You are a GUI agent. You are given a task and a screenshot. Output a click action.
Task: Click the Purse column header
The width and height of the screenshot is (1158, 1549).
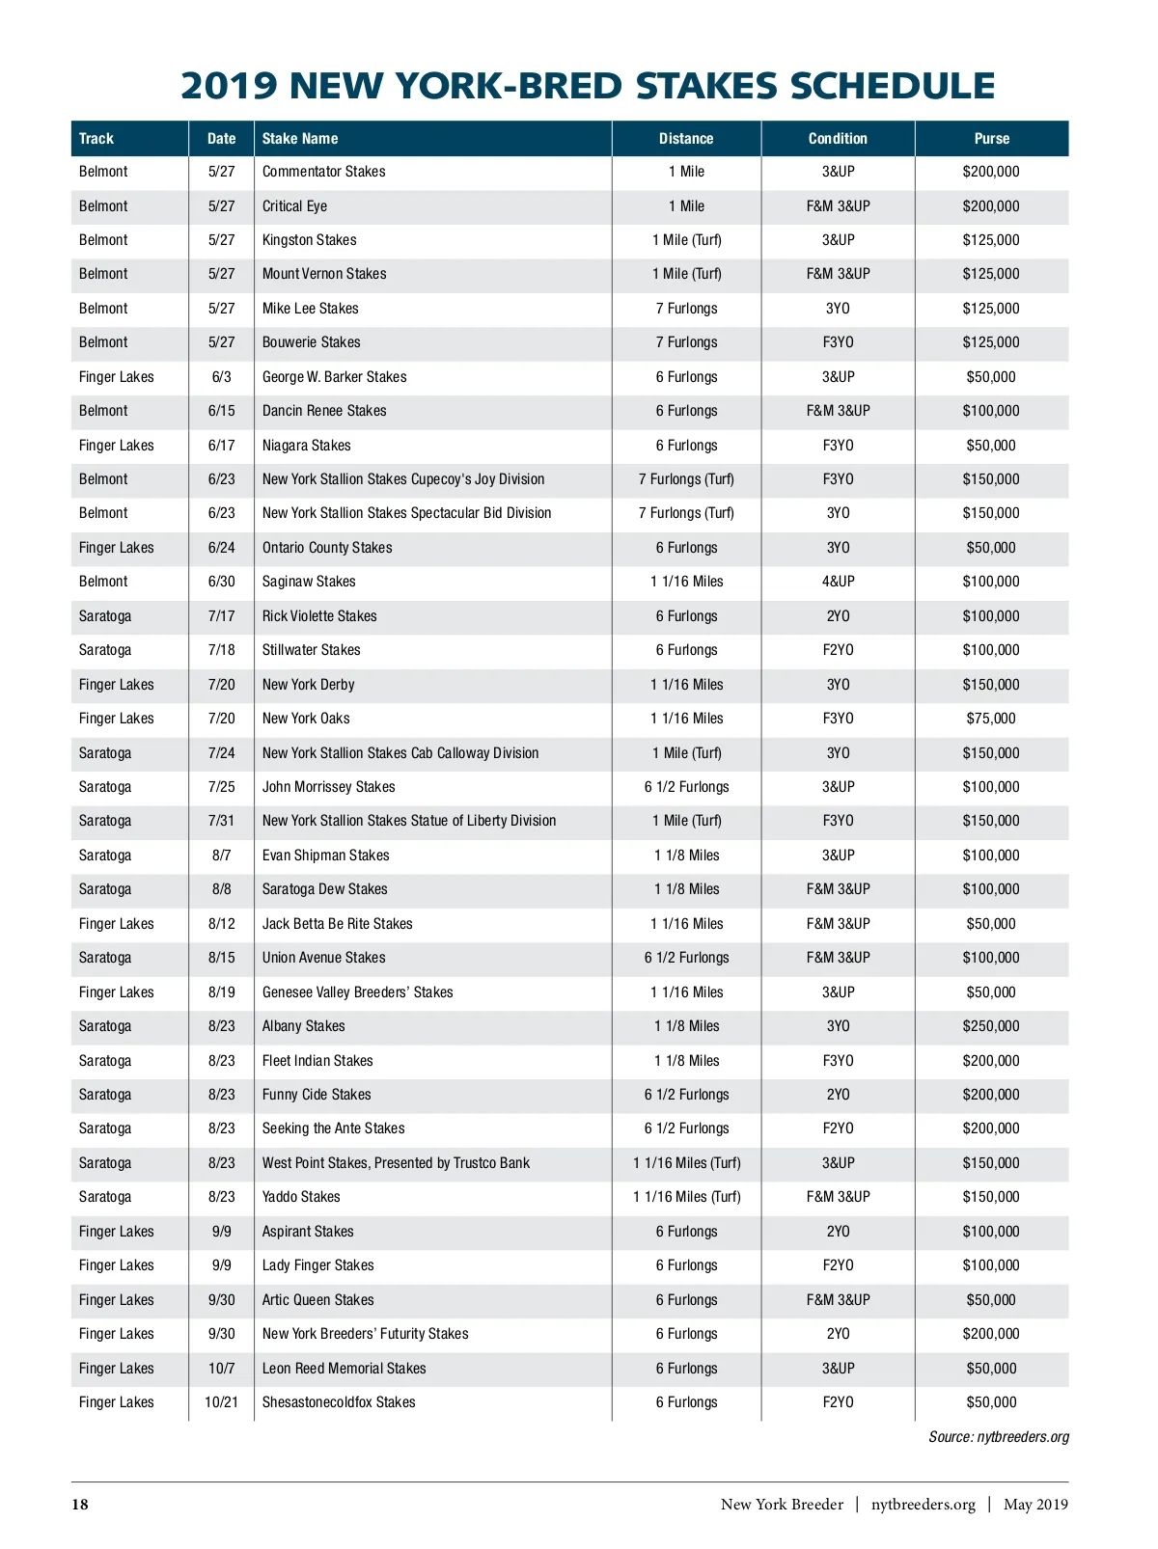991,139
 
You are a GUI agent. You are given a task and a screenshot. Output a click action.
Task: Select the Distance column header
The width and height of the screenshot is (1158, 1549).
686,139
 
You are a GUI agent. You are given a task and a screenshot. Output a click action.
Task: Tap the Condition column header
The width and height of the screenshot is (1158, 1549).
838,139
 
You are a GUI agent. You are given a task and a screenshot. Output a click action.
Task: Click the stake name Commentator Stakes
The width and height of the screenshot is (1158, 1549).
323,172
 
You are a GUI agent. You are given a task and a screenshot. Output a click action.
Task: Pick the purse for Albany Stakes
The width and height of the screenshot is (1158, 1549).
991,1026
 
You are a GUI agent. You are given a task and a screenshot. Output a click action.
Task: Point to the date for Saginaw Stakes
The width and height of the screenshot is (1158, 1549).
221,582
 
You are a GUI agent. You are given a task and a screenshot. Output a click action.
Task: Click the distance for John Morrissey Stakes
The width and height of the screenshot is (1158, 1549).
686,787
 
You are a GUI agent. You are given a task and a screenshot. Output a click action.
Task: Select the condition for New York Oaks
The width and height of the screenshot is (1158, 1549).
838,719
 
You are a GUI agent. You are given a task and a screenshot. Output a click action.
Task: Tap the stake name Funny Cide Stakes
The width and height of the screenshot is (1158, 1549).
317,1095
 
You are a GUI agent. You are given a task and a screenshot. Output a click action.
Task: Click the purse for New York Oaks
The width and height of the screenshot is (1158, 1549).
991,719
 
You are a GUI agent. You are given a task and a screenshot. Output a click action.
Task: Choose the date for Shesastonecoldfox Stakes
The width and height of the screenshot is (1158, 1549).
221,1402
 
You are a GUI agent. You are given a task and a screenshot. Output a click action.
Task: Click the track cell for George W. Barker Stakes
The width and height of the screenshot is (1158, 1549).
116,377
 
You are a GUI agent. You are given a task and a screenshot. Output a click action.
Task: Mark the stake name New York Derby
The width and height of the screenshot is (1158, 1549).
308,685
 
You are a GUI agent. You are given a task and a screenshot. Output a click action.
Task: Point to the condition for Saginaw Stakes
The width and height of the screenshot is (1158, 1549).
838,582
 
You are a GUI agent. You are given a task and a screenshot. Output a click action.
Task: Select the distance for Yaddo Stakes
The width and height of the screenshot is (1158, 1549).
686,1197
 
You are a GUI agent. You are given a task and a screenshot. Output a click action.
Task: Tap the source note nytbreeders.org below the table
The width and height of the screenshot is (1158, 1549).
999,1437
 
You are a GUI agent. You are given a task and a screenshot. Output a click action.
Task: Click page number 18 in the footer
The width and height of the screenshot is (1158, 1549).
80,1505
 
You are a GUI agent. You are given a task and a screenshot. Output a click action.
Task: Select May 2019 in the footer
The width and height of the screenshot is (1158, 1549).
1035,1505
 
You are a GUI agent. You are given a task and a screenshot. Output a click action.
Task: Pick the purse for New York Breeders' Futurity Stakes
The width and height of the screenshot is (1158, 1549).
991,1334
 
